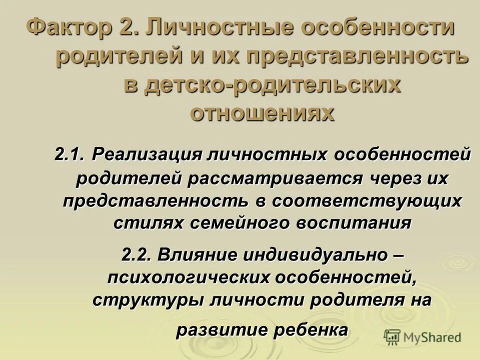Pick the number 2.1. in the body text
(71, 154)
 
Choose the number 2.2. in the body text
(137, 254)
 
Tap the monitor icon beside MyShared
(392, 337)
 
